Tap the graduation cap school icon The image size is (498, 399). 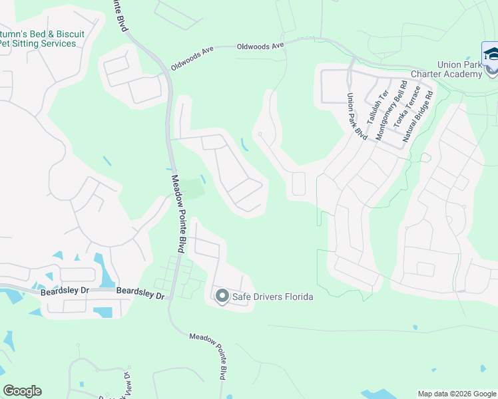(491, 54)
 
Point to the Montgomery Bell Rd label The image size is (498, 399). (391, 110)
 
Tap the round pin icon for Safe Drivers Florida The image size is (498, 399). (222, 296)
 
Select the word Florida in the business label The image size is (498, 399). (297, 297)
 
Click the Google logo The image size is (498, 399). (22, 391)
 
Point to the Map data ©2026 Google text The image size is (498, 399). (456, 394)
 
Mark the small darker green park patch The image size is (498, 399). (192, 188)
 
